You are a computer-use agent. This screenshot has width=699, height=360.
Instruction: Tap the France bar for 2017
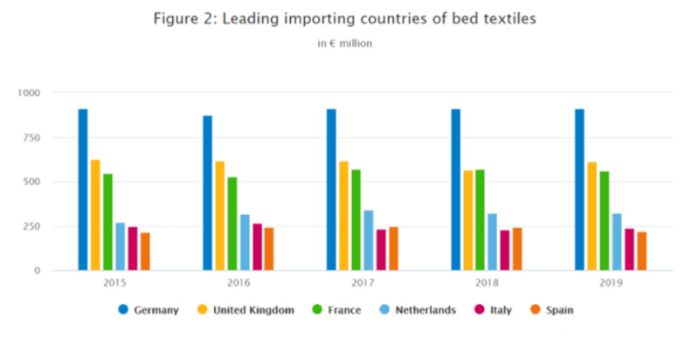(356, 219)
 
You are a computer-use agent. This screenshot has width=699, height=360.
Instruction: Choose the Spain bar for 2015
(145, 252)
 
